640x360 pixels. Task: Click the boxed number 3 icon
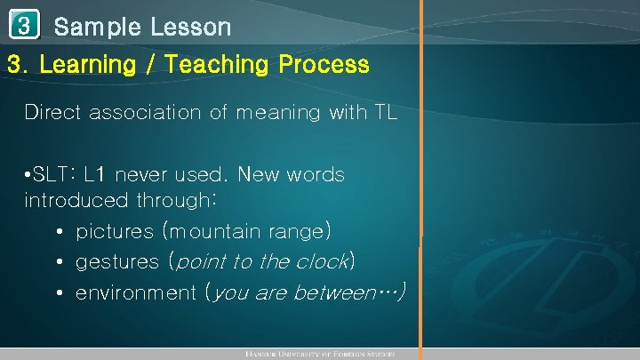[x=27, y=25]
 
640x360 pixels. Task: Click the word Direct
[x=53, y=113]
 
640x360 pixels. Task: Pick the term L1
[x=95, y=174]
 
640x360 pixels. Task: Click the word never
[x=143, y=174]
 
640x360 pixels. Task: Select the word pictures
[x=115, y=232]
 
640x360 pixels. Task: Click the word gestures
[x=117, y=262]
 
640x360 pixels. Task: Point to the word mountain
[x=213, y=232]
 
